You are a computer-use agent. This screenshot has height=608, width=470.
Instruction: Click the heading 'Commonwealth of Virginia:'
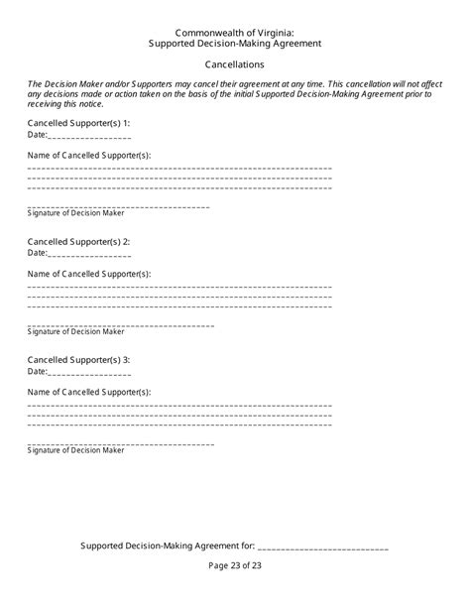234,33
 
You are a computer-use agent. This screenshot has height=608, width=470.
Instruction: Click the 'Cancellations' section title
234,64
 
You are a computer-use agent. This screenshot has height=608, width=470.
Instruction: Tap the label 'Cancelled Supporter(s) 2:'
78,241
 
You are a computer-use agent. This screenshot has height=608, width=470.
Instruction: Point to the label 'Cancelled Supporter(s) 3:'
78,359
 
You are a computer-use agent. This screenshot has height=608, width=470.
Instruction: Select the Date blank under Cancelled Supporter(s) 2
89,255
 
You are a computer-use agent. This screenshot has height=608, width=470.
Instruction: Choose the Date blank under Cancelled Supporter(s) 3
89,373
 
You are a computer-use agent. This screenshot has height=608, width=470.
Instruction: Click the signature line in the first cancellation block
119,206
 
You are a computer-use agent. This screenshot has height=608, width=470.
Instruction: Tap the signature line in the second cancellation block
119,324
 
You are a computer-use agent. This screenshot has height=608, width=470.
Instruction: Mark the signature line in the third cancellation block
119,442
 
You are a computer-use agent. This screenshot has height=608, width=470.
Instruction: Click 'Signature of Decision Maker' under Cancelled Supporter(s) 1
76,214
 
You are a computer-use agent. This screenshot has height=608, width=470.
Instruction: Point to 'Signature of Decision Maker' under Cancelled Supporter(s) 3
76,450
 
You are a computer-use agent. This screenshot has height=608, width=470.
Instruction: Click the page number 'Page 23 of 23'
235,565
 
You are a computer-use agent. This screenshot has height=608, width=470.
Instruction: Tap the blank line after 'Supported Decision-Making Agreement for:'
323,547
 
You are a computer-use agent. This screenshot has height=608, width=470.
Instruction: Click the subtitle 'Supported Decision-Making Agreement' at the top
234,45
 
